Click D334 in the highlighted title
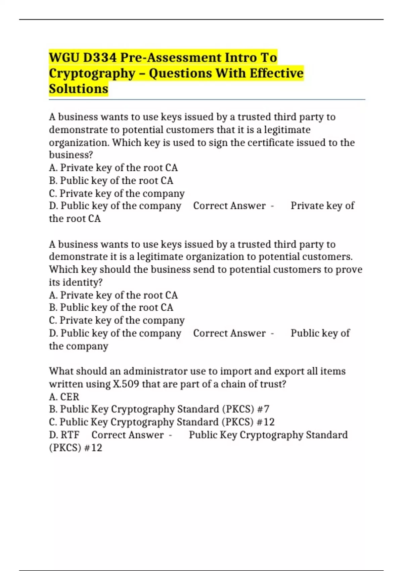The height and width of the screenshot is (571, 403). point(100,57)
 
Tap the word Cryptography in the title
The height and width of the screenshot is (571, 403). point(92,73)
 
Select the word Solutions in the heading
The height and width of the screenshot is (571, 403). point(79,89)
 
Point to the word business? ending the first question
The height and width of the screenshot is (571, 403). point(71,155)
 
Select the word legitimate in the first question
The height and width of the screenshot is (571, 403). point(287,130)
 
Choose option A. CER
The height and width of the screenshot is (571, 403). point(64,397)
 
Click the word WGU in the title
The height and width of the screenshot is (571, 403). point(64,57)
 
